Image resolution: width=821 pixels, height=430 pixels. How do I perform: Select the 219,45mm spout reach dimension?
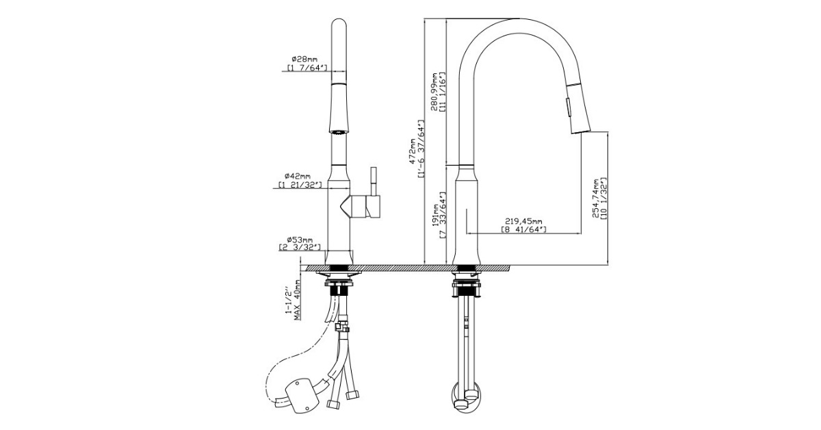coord(523,221)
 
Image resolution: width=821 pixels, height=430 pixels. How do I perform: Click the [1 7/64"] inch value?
coord(307,68)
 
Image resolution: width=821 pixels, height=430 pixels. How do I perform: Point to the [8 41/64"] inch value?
coord(523,230)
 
